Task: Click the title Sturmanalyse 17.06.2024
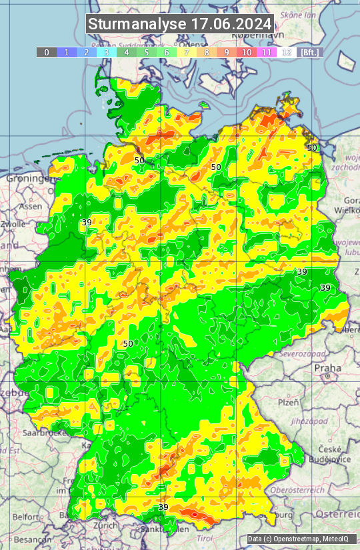coord(180,24)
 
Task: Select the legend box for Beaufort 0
coord(47,52)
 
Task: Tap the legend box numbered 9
coord(227,52)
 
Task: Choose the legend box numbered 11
coord(267,52)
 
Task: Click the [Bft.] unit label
coord(309,52)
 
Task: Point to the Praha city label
coord(327,368)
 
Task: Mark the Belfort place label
coord(26,516)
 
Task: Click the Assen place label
coord(30,207)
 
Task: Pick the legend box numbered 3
coord(107,52)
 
